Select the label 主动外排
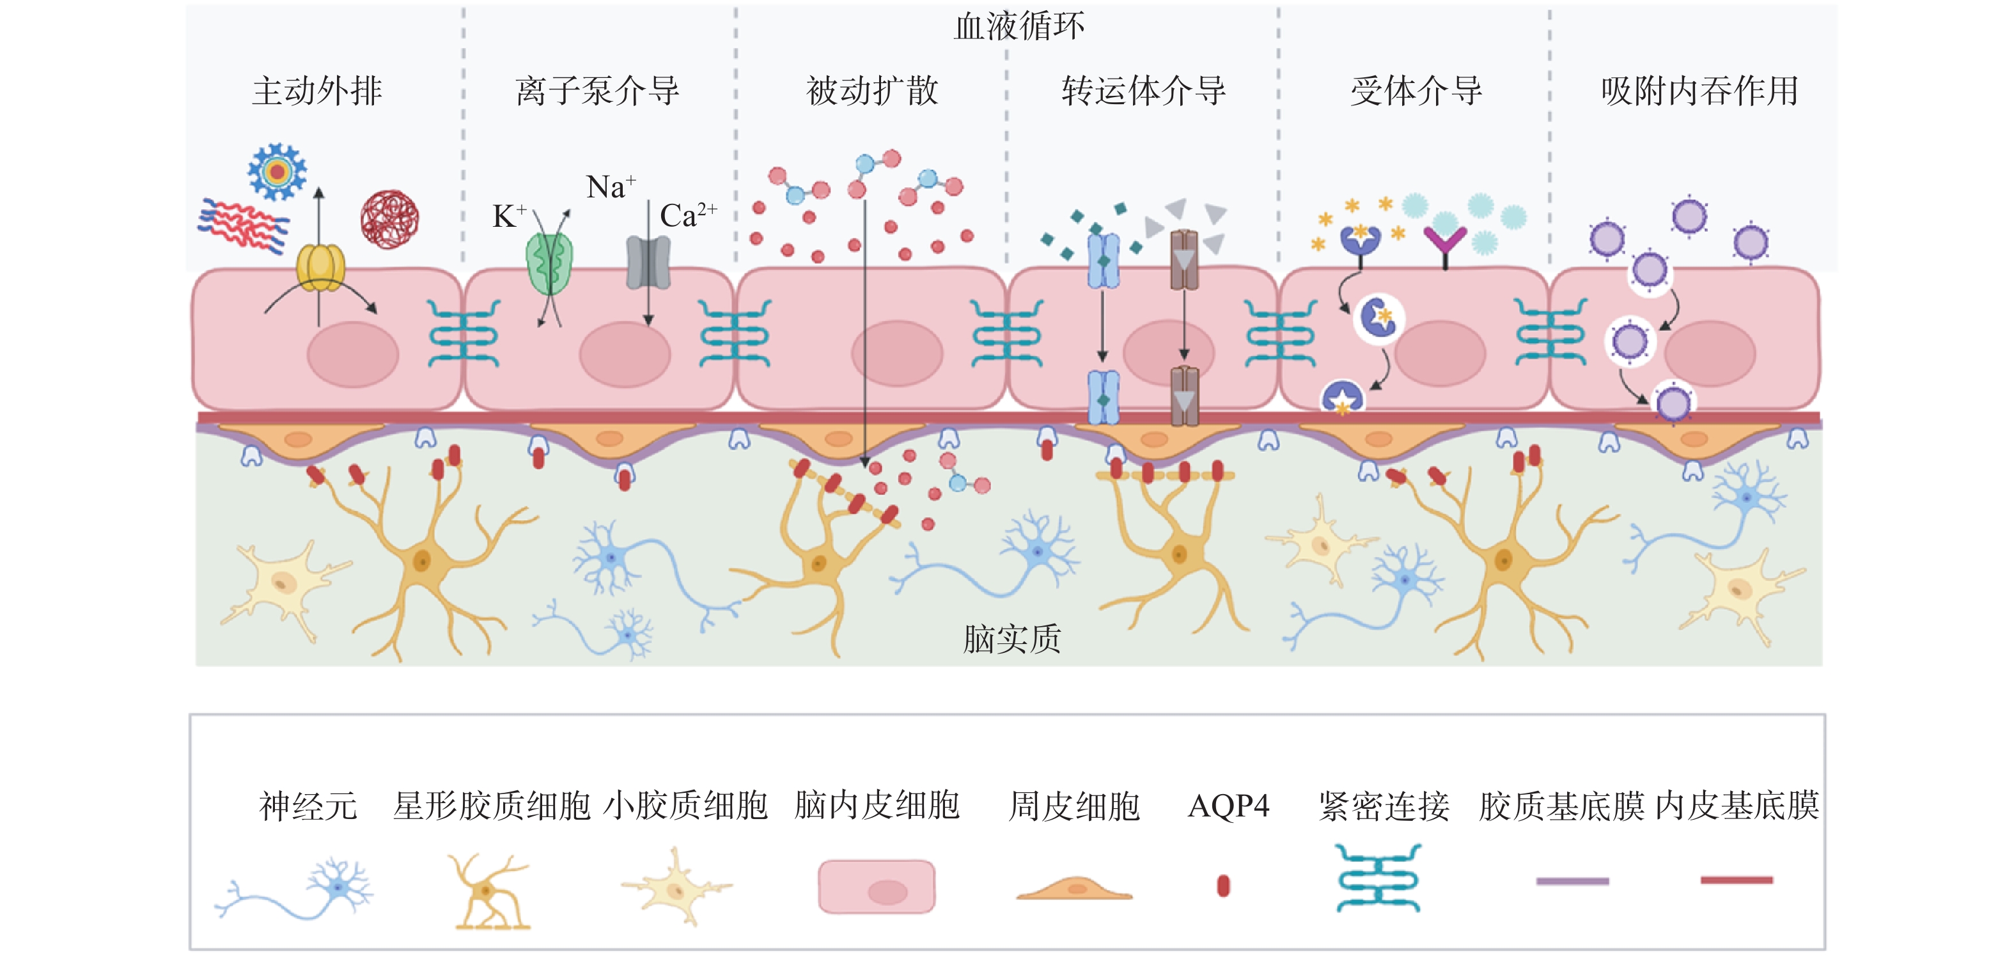point(316,91)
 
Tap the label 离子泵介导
point(597,91)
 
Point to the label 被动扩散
point(871,91)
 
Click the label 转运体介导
point(1143,91)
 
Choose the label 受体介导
point(1416,91)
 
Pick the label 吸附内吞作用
point(1699,91)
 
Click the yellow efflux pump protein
point(320,266)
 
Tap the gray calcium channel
point(648,262)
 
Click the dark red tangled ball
point(389,219)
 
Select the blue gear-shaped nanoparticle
point(277,171)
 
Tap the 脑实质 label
point(1011,638)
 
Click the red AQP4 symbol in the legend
point(1224,885)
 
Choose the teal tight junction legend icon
point(1378,878)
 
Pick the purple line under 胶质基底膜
point(1572,881)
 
